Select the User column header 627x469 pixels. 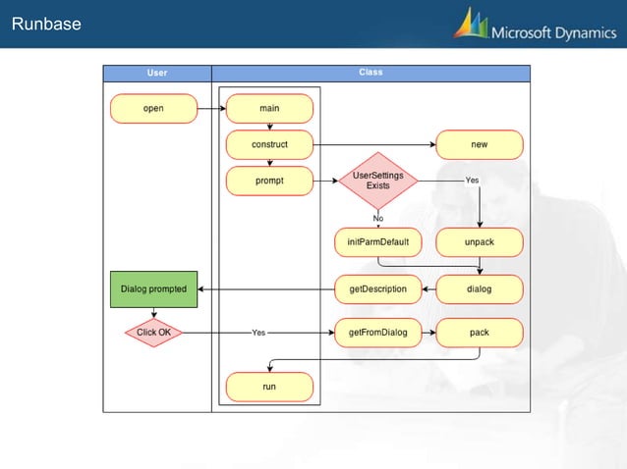157,73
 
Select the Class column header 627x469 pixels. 370,73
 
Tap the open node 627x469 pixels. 153,108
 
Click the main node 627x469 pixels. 269,108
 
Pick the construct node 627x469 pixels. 269,144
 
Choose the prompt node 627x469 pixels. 269,181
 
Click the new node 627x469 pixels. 480,144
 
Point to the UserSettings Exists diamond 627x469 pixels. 377,181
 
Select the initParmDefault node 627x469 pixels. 377,241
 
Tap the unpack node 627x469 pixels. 480,241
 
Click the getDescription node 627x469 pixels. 377,288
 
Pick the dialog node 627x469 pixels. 480,288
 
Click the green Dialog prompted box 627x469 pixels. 152,288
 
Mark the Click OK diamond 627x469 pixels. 153,333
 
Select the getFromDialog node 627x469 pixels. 377,333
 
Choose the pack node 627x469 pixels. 480,333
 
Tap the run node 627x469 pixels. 269,387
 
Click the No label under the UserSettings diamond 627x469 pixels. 377,218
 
